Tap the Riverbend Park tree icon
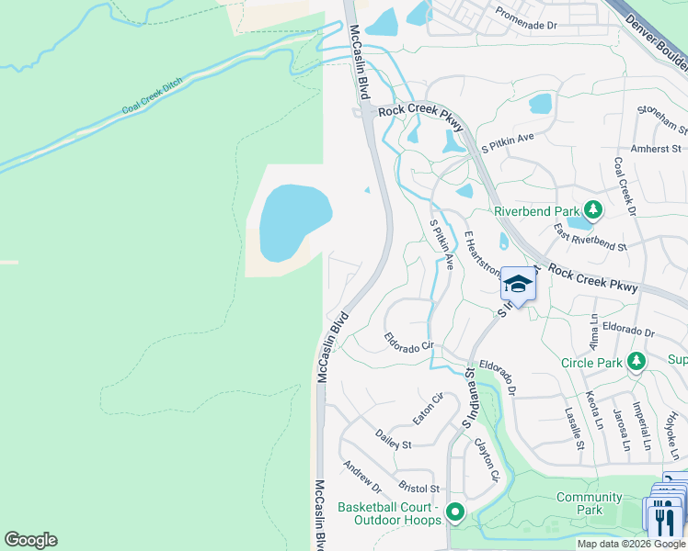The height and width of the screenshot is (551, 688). click(594, 210)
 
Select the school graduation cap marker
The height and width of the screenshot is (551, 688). click(518, 285)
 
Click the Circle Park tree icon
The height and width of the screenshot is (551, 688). click(636, 362)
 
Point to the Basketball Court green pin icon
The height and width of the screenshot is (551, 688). click(453, 512)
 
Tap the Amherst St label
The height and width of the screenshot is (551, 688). click(656, 148)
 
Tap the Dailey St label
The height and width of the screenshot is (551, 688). click(392, 438)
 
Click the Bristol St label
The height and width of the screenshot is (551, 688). click(419, 488)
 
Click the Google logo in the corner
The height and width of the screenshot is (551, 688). click(30, 540)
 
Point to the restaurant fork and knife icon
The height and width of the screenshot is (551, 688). click(661, 520)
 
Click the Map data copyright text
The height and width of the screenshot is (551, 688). click(631, 544)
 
